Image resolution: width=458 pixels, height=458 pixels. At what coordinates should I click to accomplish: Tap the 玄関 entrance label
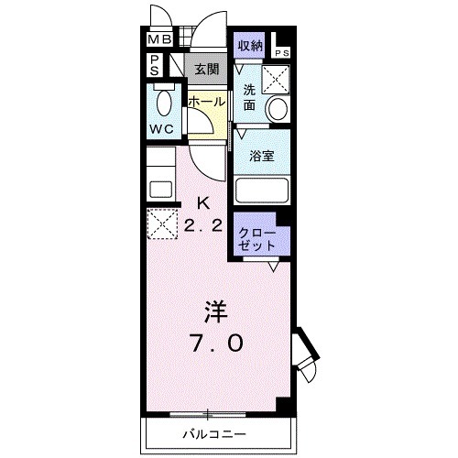click(x=206, y=69)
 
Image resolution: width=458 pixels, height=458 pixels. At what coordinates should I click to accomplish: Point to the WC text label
click(x=162, y=128)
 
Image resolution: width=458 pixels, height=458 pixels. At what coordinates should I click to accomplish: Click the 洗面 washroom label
click(x=250, y=97)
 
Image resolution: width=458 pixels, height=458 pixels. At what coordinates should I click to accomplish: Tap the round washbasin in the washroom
click(x=277, y=109)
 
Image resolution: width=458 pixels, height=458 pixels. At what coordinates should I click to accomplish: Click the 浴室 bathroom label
click(x=263, y=156)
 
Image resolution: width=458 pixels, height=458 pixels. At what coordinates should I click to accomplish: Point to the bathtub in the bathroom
click(x=263, y=190)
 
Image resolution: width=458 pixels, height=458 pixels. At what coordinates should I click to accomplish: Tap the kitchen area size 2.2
click(x=203, y=228)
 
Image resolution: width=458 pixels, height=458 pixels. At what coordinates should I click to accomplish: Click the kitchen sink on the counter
click(x=159, y=190)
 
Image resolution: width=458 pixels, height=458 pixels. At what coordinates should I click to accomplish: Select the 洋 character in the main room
click(x=215, y=312)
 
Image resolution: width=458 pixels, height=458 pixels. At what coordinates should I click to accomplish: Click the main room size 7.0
click(x=216, y=343)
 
